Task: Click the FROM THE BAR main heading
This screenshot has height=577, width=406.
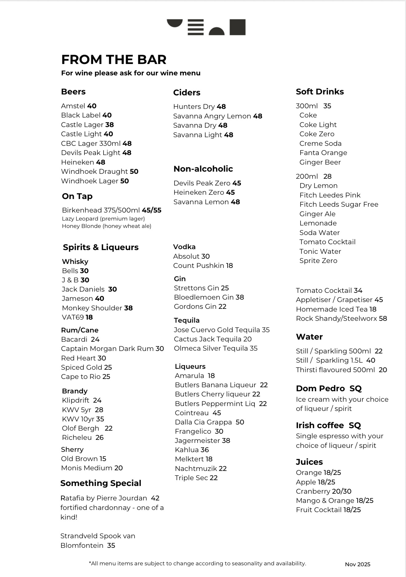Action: tap(114, 60)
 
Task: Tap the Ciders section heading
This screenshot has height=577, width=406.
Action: tap(187, 93)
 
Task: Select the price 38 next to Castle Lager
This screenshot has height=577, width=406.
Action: tap(109, 125)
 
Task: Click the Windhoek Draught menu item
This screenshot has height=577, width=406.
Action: tap(94, 172)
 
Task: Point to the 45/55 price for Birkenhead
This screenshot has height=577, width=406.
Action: tap(152, 210)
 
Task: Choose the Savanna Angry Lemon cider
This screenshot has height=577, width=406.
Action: tap(212, 116)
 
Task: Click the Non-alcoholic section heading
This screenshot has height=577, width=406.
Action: tap(203, 169)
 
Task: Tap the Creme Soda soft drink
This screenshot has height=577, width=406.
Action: tap(320, 144)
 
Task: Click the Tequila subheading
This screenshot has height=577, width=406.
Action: tap(187, 320)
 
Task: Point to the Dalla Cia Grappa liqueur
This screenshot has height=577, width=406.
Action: tap(203, 422)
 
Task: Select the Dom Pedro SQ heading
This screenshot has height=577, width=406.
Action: tap(329, 388)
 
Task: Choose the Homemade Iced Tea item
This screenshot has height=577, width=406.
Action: tap(332, 309)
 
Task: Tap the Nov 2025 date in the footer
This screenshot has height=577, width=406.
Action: tap(357, 564)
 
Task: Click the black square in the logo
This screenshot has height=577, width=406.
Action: tap(238, 27)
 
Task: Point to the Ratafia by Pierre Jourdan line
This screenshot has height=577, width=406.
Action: tap(104, 498)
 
